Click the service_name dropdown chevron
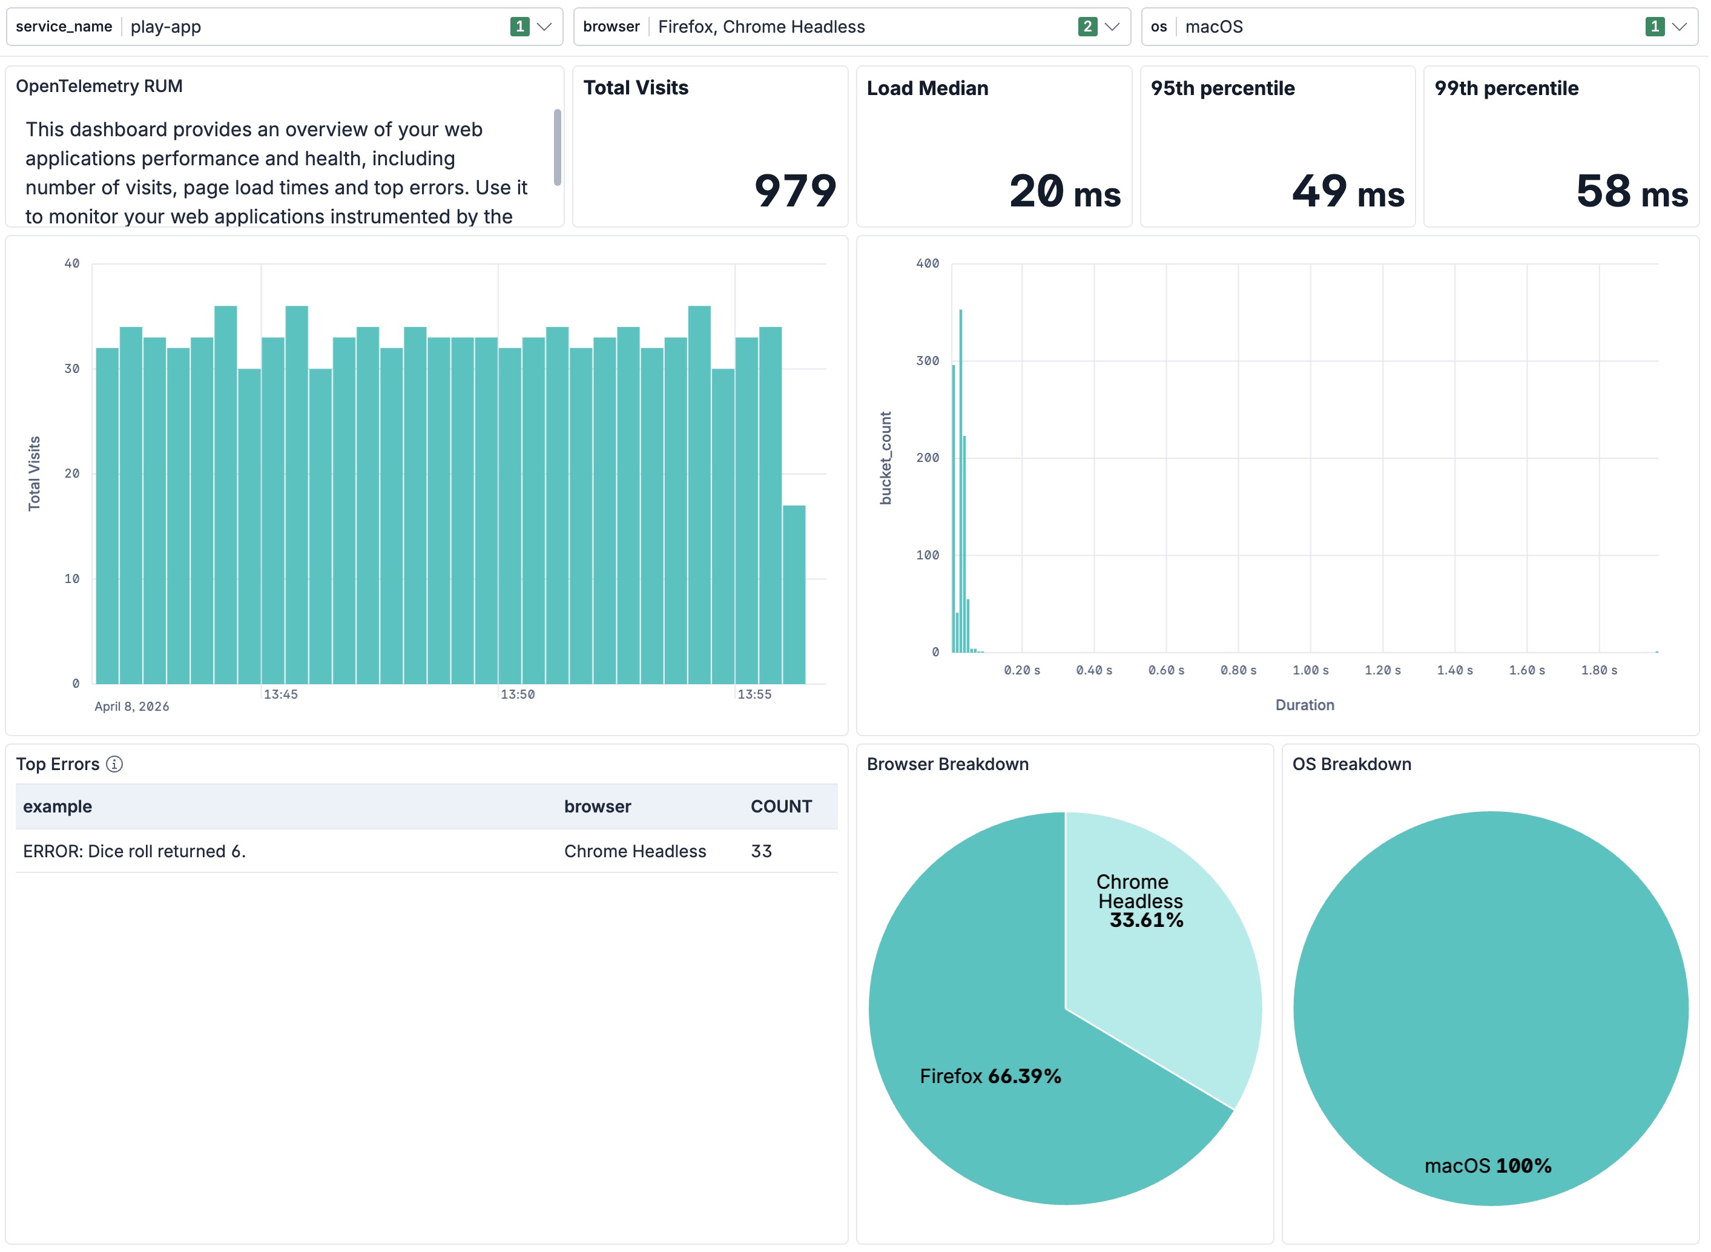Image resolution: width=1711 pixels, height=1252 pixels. point(544,27)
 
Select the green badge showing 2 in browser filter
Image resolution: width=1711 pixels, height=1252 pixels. point(1087,27)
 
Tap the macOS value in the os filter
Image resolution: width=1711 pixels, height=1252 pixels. point(1214,27)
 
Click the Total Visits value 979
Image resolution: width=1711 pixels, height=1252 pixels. point(795,190)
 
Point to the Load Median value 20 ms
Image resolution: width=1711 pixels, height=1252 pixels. point(1064,191)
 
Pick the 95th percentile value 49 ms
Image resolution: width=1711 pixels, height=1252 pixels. point(1348,191)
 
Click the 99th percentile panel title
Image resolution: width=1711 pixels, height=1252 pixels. point(1506,88)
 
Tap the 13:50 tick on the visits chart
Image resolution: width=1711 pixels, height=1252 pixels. point(518,694)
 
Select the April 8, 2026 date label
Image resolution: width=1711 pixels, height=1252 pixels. point(132,707)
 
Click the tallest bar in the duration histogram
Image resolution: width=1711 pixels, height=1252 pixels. point(961,481)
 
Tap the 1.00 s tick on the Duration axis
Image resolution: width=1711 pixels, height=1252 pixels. point(1310,670)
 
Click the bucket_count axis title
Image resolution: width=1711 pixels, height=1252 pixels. point(886,458)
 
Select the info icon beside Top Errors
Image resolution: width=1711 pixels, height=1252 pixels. point(114,764)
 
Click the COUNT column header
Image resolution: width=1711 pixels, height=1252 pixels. point(781,806)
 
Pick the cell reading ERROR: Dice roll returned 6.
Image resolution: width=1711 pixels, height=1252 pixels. point(134,851)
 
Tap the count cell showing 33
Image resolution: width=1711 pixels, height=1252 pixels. point(762,851)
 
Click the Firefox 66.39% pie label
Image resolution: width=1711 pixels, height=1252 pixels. point(991,1076)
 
